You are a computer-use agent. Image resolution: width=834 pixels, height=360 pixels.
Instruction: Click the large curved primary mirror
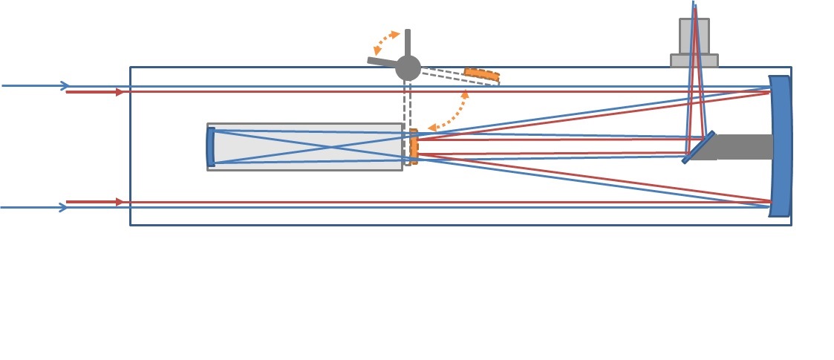click(780, 146)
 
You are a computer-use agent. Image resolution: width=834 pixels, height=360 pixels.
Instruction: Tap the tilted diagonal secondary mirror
click(699, 147)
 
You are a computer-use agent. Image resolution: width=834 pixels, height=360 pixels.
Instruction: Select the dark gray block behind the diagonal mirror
click(743, 146)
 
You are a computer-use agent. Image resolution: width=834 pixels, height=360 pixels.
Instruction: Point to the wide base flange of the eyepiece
click(694, 60)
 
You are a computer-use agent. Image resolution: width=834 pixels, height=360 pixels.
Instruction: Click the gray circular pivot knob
click(408, 68)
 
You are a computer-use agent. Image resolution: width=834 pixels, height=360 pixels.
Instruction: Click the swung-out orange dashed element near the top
click(482, 74)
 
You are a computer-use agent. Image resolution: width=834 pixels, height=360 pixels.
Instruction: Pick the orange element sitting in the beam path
click(414, 146)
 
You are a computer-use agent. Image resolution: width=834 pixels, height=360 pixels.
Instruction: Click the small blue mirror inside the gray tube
click(211, 146)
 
